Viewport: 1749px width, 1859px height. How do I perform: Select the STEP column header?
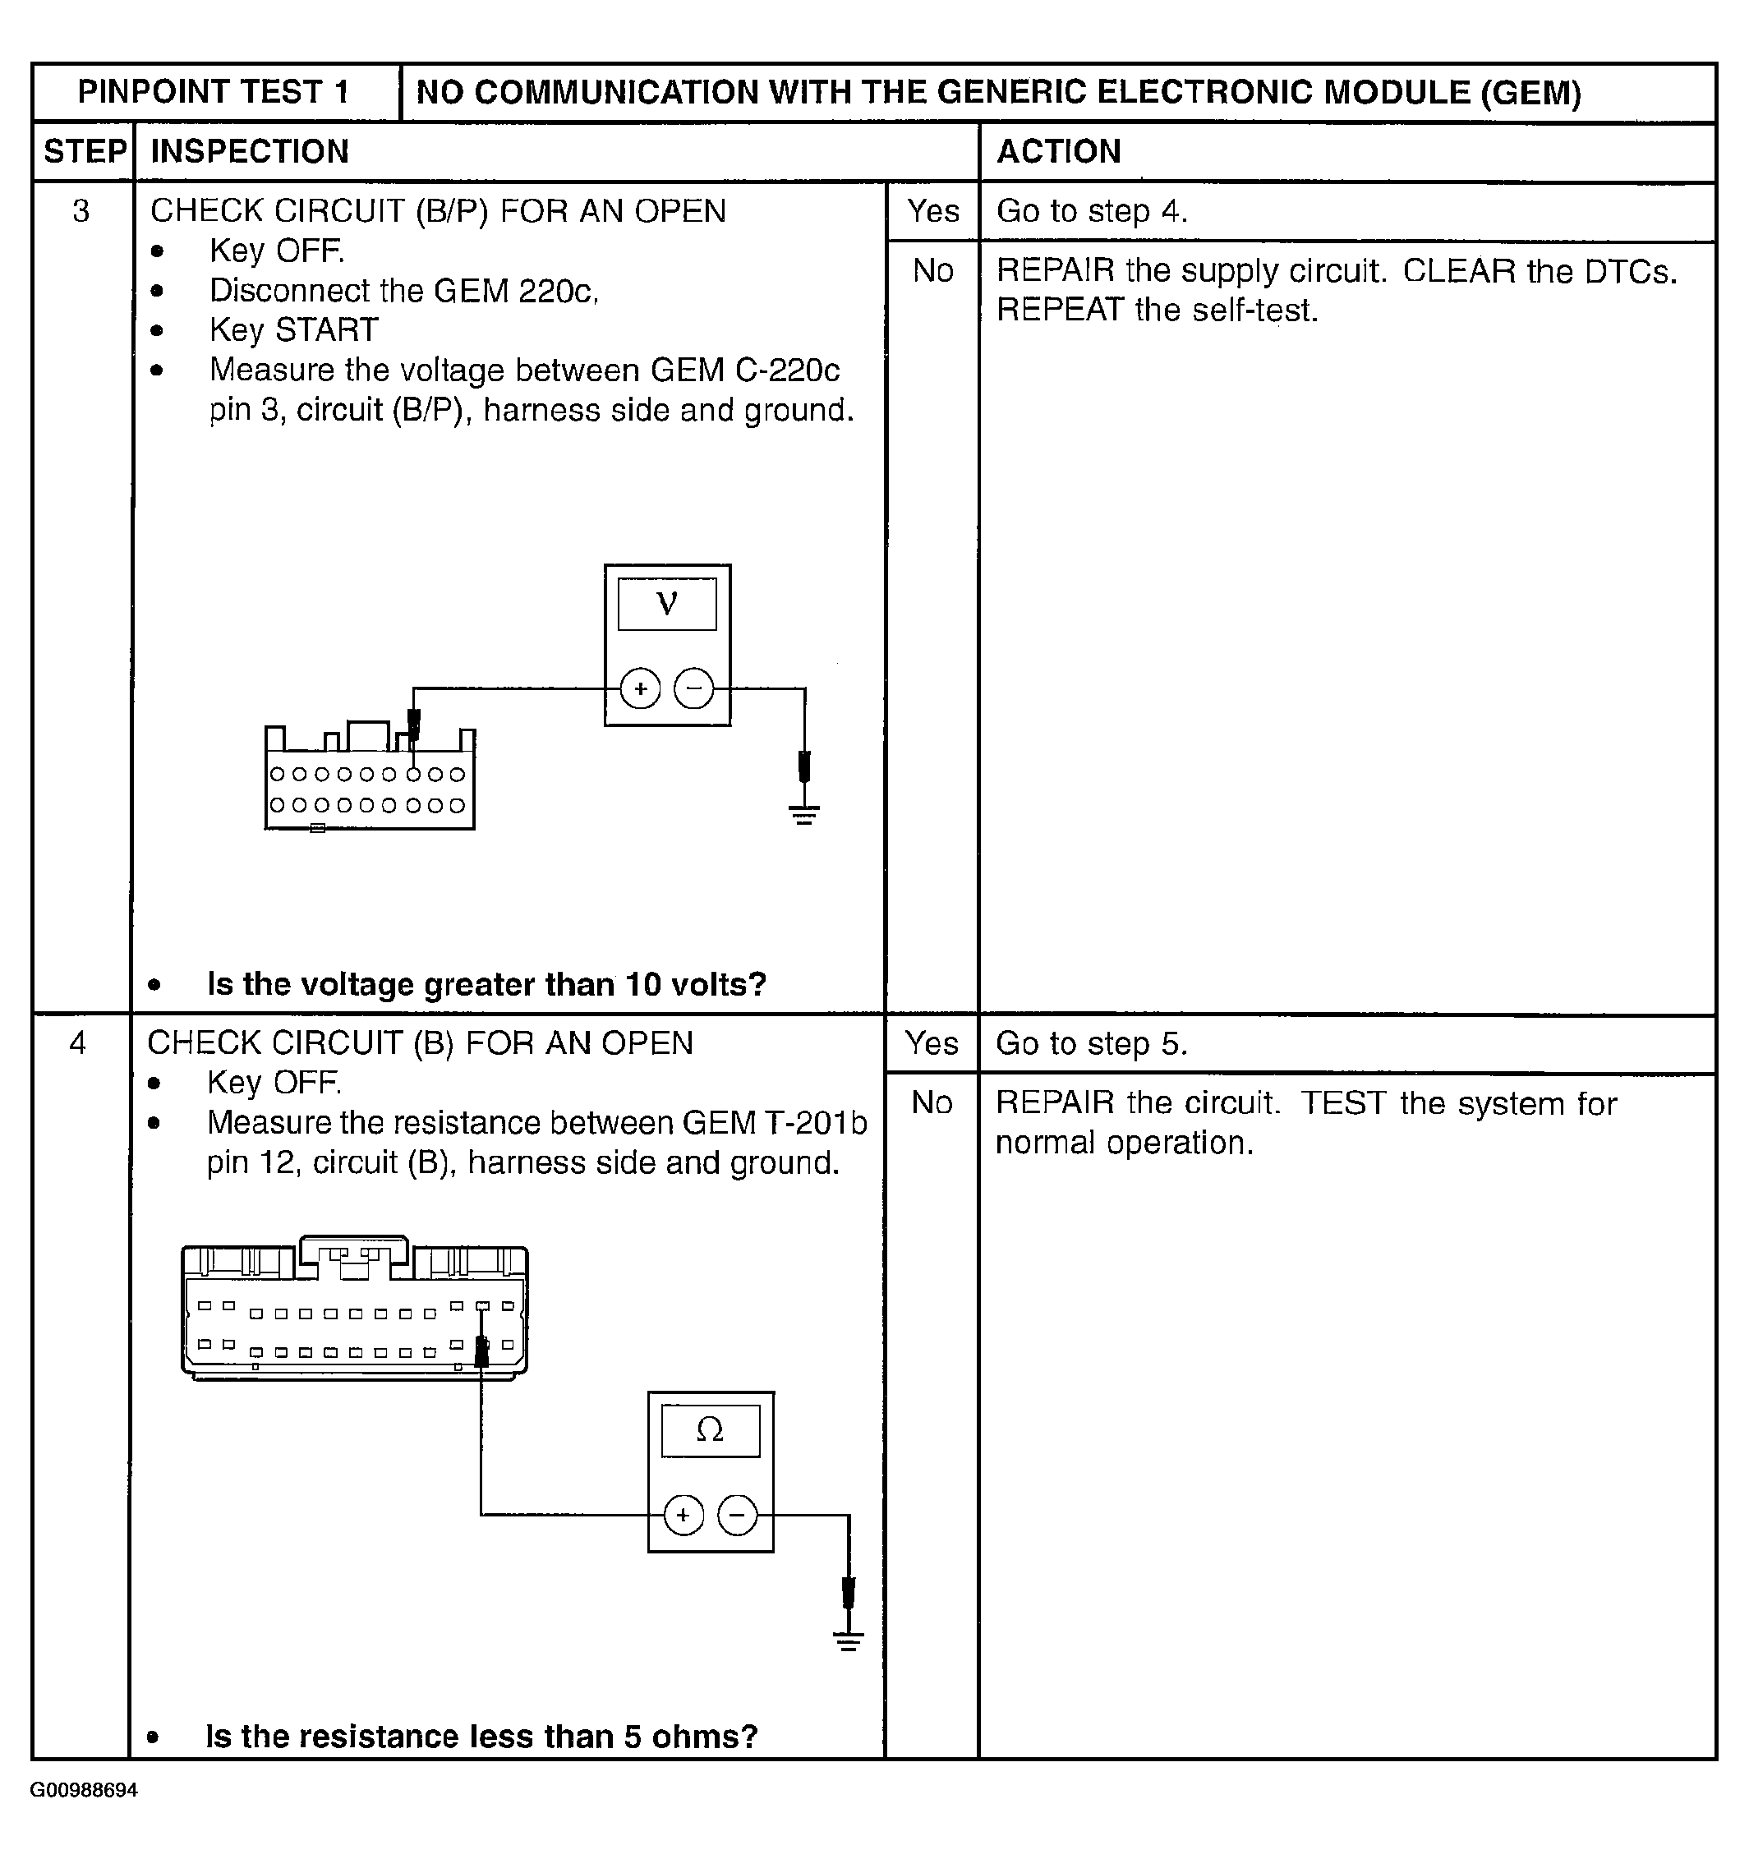pyautogui.click(x=84, y=151)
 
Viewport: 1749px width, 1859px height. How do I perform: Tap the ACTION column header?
pyautogui.click(x=1058, y=151)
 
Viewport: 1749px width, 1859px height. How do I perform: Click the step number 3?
pyautogui.click(x=81, y=211)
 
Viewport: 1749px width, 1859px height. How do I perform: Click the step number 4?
pyautogui.click(x=79, y=1042)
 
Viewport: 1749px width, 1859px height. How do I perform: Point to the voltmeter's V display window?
pyautogui.click(x=667, y=604)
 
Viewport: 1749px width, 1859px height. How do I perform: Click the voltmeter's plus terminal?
pyautogui.click(x=641, y=689)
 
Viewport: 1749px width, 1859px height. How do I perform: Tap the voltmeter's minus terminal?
pyautogui.click(x=694, y=689)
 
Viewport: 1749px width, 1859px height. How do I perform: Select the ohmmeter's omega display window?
pyautogui.click(x=710, y=1431)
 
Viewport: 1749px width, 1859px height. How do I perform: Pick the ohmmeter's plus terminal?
pyautogui.click(x=683, y=1515)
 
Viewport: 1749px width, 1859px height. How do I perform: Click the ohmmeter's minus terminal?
pyautogui.click(x=737, y=1515)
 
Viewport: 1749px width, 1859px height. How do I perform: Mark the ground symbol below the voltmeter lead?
pyautogui.click(x=804, y=813)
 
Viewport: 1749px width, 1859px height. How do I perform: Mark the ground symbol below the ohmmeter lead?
pyautogui.click(x=849, y=1643)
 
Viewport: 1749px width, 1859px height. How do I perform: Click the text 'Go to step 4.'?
pyautogui.click(x=1092, y=211)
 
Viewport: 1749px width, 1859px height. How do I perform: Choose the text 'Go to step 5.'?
pyautogui.click(x=1090, y=1043)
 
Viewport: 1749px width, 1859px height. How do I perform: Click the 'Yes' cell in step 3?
pyautogui.click(x=932, y=211)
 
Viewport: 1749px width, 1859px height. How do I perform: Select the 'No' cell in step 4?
pyautogui.click(x=932, y=1103)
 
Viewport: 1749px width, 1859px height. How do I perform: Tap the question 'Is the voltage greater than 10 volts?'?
pyautogui.click(x=486, y=985)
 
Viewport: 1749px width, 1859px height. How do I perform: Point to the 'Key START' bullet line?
pyautogui.click(x=293, y=330)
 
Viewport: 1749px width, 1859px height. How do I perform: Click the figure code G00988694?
pyautogui.click(x=84, y=1790)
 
